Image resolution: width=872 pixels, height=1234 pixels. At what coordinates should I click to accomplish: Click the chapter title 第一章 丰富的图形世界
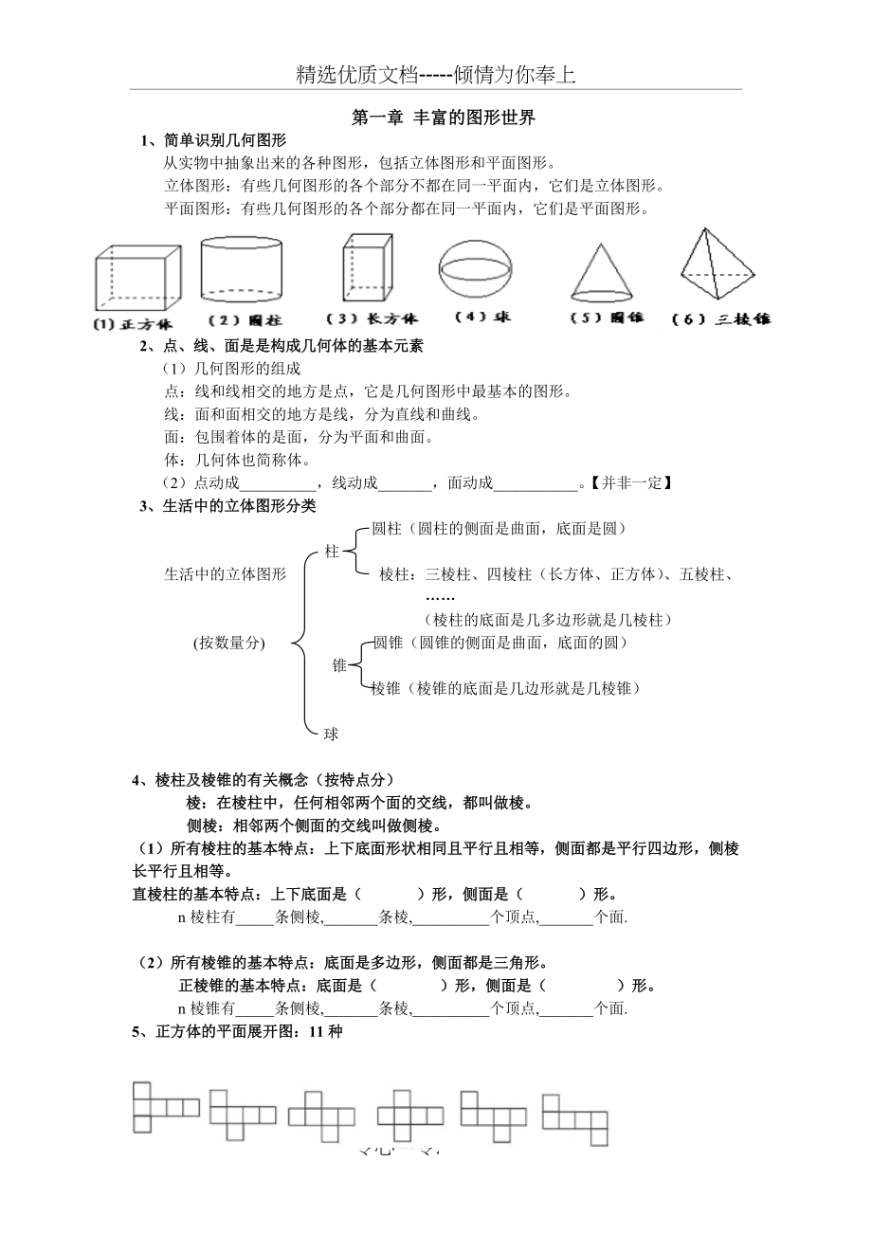(x=443, y=118)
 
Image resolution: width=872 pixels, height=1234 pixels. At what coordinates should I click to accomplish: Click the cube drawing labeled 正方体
(x=136, y=278)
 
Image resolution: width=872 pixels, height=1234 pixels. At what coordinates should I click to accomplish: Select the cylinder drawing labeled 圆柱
(x=241, y=269)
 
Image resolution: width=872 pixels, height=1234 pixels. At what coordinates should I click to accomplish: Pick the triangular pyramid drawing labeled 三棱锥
(x=717, y=265)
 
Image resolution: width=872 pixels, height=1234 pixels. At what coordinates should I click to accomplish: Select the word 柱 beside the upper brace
(x=332, y=551)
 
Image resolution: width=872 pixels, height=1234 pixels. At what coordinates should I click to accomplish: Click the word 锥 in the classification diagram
(x=339, y=665)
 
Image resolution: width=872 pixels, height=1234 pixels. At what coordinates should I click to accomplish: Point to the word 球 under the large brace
(x=332, y=733)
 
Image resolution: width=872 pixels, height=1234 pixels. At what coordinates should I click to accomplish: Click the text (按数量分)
(x=228, y=643)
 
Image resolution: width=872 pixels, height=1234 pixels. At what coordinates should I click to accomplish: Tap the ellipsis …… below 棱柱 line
(x=440, y=597)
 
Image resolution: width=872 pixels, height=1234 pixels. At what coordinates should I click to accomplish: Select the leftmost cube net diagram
(x=165, y=1106)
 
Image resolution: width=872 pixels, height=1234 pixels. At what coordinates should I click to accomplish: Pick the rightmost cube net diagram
(x=575, y=1118)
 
